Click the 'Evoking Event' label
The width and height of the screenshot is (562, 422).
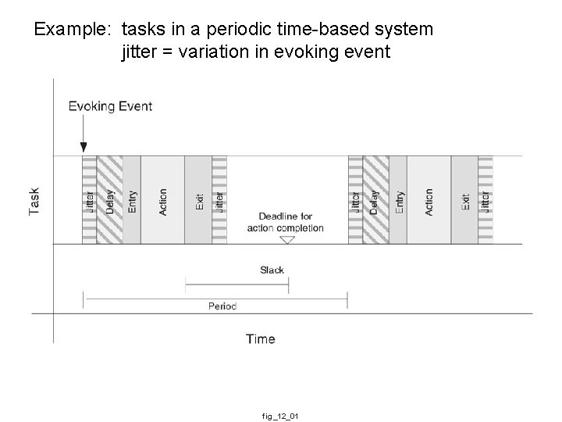(x=110, y=106)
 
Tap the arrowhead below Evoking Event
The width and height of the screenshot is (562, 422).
(x=84, y=146)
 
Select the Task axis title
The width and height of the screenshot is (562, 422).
(x=35, y=201)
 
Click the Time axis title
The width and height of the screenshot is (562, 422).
(x=260, y=338)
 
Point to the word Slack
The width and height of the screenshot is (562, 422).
(x=272, y=270)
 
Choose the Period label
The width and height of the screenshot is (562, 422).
(x=222, y=306)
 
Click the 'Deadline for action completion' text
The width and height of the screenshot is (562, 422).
(x=285, y=222)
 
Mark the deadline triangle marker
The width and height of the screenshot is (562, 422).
(x=287, y=240)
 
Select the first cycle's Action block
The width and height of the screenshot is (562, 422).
(x=162, y=200)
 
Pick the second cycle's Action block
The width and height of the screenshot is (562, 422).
(x=429, y=200)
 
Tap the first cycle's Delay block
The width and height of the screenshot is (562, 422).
(x=110, y=200)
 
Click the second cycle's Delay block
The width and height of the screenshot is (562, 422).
(x=375, y=200)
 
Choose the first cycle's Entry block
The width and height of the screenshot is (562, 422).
(x=132, y=200)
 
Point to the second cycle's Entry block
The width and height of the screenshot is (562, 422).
(x=398, y=200)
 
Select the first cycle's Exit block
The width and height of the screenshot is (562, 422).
(x=198, y=200)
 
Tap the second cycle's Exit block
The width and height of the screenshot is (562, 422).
(x=464, y=200)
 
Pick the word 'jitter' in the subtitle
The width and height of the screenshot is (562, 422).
(x=141, y=54)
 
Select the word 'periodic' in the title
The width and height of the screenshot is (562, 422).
(x=237, y=30)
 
